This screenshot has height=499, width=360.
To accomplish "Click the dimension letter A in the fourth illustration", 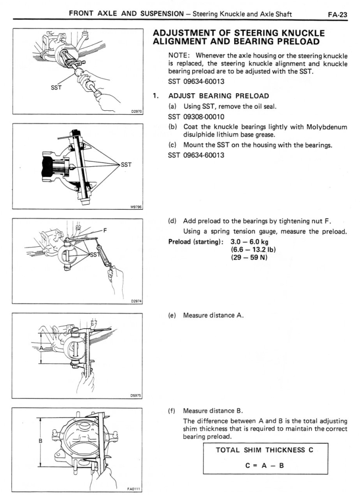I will pos(41,347).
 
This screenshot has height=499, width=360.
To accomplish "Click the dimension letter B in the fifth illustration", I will pos(41,440).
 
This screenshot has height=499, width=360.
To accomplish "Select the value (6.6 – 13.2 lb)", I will pos(250,250).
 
